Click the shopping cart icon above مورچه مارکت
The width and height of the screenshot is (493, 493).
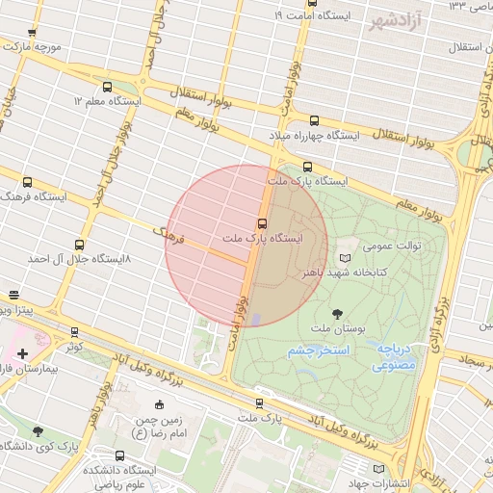pyautogui.click(x=32, y=33)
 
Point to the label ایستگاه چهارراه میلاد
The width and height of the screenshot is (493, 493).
pyautogui.click(x=320, y=137)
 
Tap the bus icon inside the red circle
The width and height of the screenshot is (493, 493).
pyautogui.click(x=262, y=223)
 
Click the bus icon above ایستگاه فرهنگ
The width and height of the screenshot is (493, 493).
pyautogui.click(x=27, y=182)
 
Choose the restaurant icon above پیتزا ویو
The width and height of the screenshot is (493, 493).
pyautogui.click(x=13, y=296)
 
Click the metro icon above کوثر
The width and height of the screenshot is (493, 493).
pyautogui.click(x=75, y=332)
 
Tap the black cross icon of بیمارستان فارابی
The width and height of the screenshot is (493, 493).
pyautogui.click(x=22, y=353)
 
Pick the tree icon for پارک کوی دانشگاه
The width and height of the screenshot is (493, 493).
pyautogui.click(x=38, y=432)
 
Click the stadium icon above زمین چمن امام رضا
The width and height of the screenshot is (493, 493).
pyautogui.click(x=159, y=404)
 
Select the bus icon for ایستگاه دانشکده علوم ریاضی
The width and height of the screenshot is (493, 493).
pyautogui.click(x=119, y=455)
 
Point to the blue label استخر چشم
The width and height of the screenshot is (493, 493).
pyautogui.click(x=315, y=352)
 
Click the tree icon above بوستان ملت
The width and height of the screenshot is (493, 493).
pyautogui.click(x=336, y=313)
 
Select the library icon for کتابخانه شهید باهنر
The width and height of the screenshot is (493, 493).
pyautogui.click(x=346, y=258)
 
